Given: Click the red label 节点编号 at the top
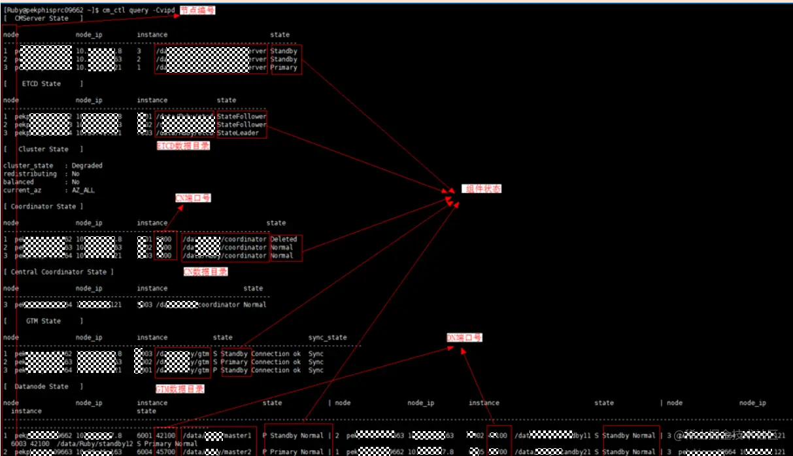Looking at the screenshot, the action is (x=197, y=10).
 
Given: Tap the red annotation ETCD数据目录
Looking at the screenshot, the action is (x=183, y=147).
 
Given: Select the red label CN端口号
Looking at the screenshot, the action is (x=193, y=198).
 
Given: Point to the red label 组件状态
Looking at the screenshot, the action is (x=482, y=189).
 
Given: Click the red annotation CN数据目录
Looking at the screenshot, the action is (x=205, y=272).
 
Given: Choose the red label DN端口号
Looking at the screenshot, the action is (x=464, y=338).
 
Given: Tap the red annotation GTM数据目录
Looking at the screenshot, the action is (x=180, y=389).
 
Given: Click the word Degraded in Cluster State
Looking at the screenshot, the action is (x=87, y=166).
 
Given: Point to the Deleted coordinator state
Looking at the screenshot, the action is (x=283, y=239).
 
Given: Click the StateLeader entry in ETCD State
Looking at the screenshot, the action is (x=242, y=133).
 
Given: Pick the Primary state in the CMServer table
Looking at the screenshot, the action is (x=284, y=67).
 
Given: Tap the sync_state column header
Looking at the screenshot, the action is (x=328, y=338).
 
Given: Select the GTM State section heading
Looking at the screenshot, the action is (x=43, y=321).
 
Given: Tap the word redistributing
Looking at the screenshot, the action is (x=30, y=174).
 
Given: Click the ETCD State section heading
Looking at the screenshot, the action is (x=41, y=84).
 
